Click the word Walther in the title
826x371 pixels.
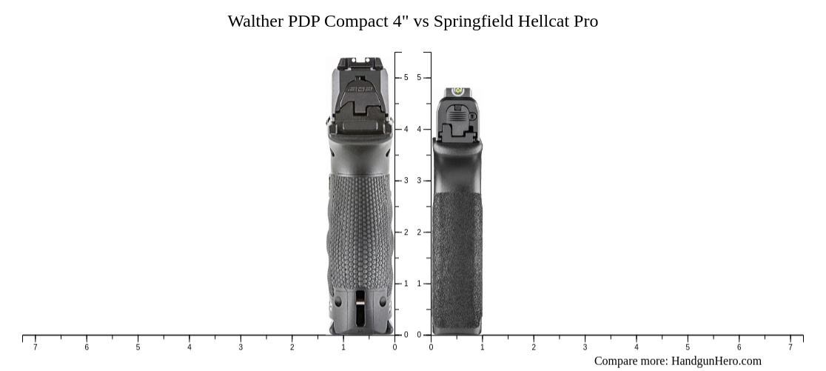(256, 21)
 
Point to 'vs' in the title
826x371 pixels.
(421, 21)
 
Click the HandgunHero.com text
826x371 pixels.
(716, 361)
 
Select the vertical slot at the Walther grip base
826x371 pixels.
(360, 307)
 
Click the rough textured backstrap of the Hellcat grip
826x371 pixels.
(457, 259)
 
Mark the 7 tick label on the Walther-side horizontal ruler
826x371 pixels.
(35, 347)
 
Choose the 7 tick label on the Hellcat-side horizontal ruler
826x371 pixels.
(790, 347)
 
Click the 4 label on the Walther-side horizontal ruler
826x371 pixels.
(189, 347)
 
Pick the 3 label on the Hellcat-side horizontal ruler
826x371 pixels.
(585, 347)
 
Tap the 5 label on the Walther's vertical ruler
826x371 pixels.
(406, 78)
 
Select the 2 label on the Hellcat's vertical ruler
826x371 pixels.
(419, 233)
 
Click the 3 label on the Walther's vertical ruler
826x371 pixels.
(406, 181)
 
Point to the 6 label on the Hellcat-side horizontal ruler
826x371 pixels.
(739, 347)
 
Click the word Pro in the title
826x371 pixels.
(585, 21)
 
